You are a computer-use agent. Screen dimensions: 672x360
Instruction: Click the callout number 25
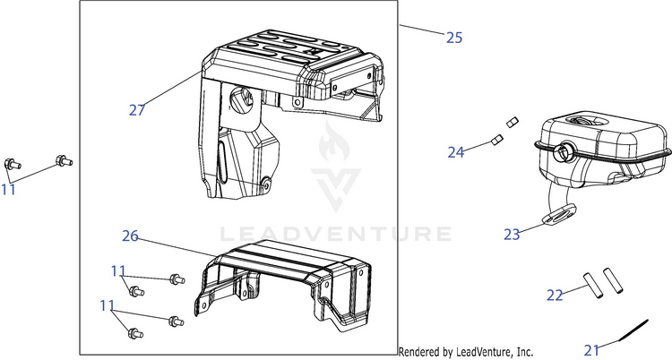454,38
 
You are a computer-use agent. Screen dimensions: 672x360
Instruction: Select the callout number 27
137,110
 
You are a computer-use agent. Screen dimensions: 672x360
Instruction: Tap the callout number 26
130,236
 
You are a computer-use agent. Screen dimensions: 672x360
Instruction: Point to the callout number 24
456,152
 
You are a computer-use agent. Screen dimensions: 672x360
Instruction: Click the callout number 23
512,235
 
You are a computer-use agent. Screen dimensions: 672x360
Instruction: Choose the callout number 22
555,296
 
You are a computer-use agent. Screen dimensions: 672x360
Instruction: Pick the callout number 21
591,350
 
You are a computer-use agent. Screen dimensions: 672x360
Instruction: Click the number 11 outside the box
8,190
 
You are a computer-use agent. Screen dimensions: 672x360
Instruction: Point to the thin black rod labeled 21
633,330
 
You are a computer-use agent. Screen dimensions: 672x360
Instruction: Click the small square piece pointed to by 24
496,140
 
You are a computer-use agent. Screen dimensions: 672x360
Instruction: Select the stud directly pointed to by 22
593,285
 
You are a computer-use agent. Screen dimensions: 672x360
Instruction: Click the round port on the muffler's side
563,151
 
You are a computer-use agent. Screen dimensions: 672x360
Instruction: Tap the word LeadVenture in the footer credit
482,352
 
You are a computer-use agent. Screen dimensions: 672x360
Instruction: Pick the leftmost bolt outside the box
12,164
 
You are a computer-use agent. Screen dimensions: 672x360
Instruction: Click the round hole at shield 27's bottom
266,184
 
